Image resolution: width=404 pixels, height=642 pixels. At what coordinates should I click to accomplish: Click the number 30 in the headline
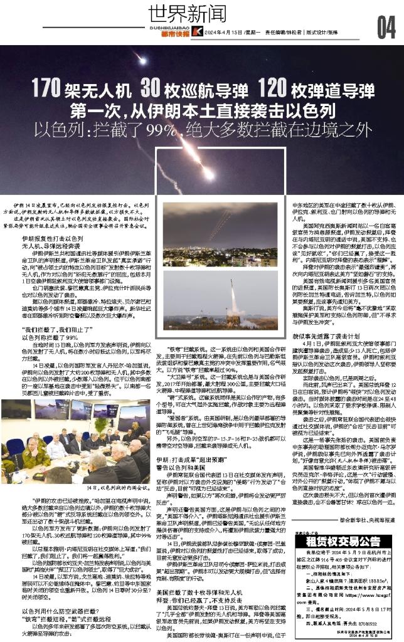(154, 88)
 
